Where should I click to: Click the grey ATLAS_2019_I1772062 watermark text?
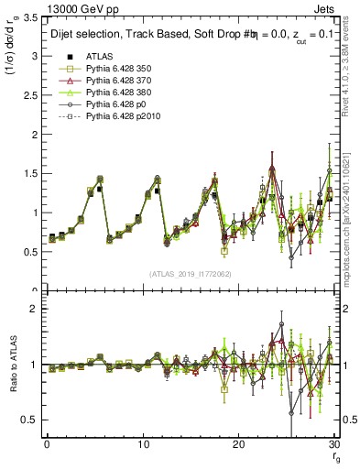190,274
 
